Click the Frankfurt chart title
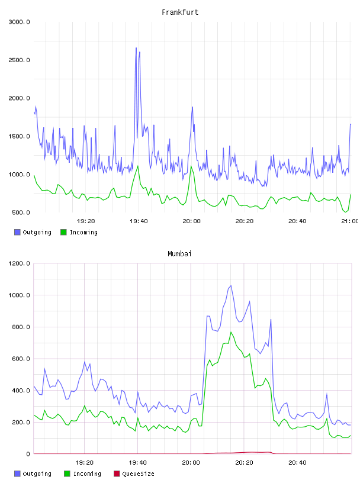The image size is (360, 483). coord(180,12)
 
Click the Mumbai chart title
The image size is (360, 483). coord(179,254)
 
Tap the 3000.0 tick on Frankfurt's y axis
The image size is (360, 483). coord(19,22)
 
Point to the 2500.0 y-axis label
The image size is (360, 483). coord(19,60)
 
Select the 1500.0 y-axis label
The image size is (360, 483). coord(19,137)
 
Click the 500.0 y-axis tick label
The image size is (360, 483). coord(21,212)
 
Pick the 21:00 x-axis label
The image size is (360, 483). coord(349,221)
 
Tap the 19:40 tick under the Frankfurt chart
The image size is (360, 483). coord(139,221)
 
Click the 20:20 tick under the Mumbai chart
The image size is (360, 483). coord(244,463)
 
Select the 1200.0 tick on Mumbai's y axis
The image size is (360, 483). coord(19,263)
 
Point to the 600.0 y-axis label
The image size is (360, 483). coord(21,359)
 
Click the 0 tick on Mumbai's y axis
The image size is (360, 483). coord(28,454)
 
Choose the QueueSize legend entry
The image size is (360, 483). coord(134,474)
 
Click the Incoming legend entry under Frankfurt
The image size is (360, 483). coord(79,232)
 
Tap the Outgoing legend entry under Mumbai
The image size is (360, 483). coord(33,474)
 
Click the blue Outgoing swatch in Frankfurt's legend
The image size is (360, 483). coord(17,232)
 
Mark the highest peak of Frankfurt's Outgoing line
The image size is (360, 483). coord(136,48)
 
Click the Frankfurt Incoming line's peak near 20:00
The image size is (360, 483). coord(191,166)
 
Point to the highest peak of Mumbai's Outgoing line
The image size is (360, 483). coord(231,285)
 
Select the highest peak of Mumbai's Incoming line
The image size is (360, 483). coord(231,332)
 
